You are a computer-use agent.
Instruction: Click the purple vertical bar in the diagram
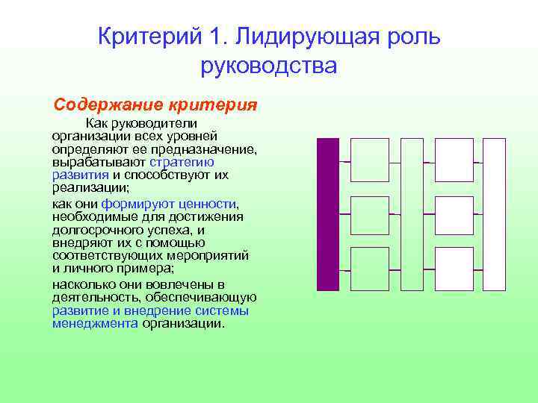pos(328,214)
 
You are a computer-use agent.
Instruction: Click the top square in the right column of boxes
pos(454,160)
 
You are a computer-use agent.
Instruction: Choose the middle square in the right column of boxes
pos(454,214)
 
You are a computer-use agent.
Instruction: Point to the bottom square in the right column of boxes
pos(454,268)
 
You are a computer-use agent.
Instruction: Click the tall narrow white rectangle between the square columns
pos(412,214)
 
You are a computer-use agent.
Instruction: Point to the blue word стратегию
pos(182,161)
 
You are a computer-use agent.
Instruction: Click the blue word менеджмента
pos(95,324)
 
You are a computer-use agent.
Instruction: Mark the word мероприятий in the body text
pos(209,256)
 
